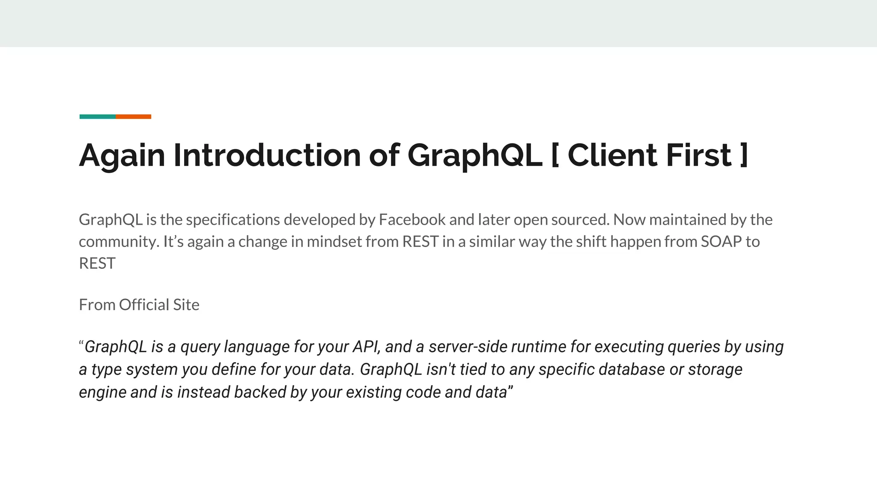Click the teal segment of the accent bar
click(97, 117)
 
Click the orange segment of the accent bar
click(133, 117)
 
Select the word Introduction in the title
click(267, 155)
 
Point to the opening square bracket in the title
click(555, 155)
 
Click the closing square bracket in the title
click(744, 155)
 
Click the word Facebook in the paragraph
click(412, 220)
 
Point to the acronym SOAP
click(721, 241)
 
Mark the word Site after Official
click(186, 305)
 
